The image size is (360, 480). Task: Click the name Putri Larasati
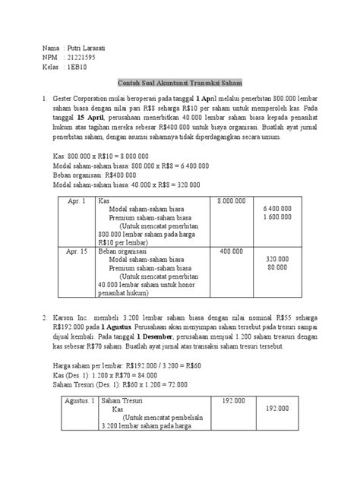(x=90, y=48)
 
